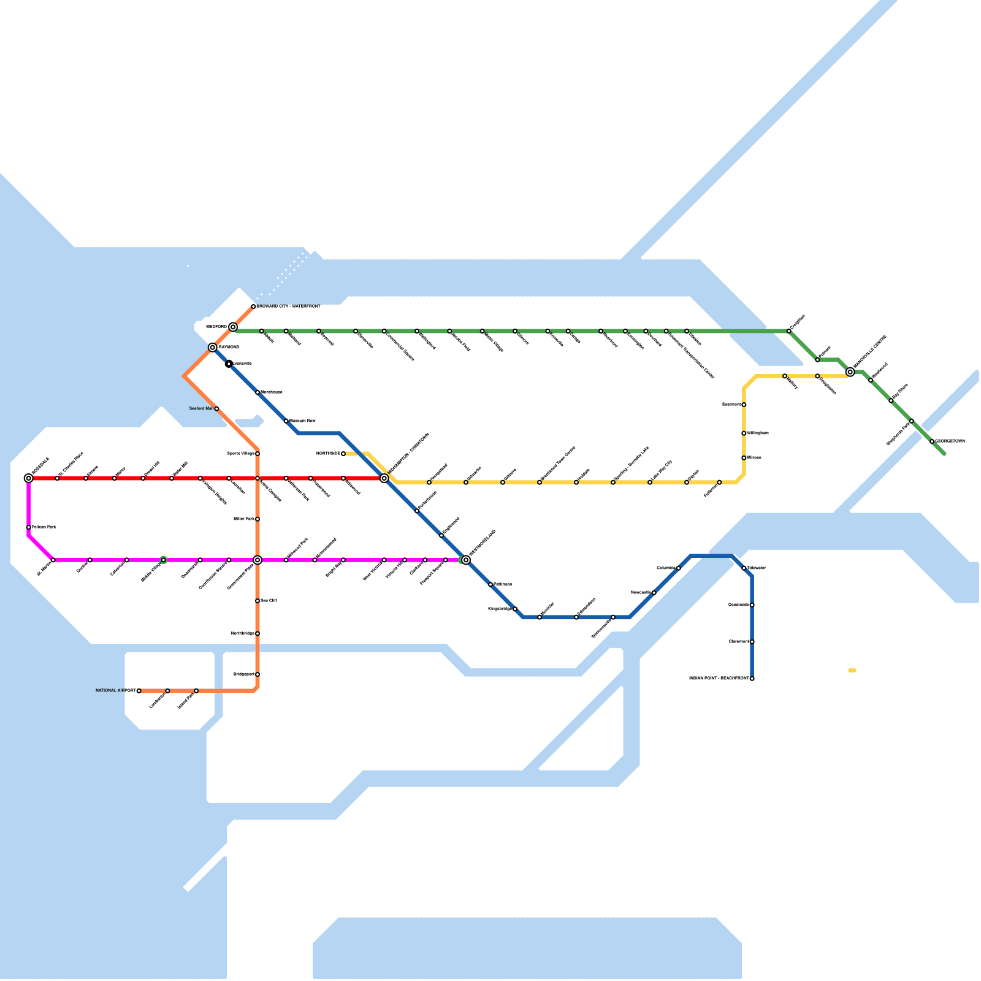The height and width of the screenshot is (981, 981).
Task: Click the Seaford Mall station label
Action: point(201,408)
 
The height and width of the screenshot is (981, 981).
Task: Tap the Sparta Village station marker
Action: point(258,454)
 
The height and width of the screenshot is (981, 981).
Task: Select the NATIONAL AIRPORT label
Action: point(115,690)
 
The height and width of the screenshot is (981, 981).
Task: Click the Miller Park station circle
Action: point(258,519)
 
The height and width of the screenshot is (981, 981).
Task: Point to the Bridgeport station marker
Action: point(258,674)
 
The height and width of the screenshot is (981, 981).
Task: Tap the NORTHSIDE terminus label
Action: point(328,453)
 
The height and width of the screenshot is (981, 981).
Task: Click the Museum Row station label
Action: point(302,421)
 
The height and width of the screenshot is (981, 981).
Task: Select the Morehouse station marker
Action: point(258,392)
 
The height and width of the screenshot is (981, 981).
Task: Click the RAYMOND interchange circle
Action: point(213,348)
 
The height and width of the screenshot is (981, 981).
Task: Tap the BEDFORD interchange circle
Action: point(233,327)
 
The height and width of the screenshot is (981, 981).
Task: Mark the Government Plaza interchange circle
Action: point(258,560)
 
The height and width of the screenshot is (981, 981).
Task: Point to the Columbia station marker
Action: point(679,568)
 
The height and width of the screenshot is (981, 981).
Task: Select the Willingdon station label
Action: point(758,433)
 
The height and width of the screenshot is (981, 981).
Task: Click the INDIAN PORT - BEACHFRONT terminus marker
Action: point(752,679)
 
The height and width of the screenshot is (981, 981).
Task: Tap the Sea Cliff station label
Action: point(269,601)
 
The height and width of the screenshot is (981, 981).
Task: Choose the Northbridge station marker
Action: point(258,633)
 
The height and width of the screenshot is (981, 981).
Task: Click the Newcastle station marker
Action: point(654,593)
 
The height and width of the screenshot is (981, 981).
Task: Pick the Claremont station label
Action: point(739,641)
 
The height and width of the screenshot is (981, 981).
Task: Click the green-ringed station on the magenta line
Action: point(164,560)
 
